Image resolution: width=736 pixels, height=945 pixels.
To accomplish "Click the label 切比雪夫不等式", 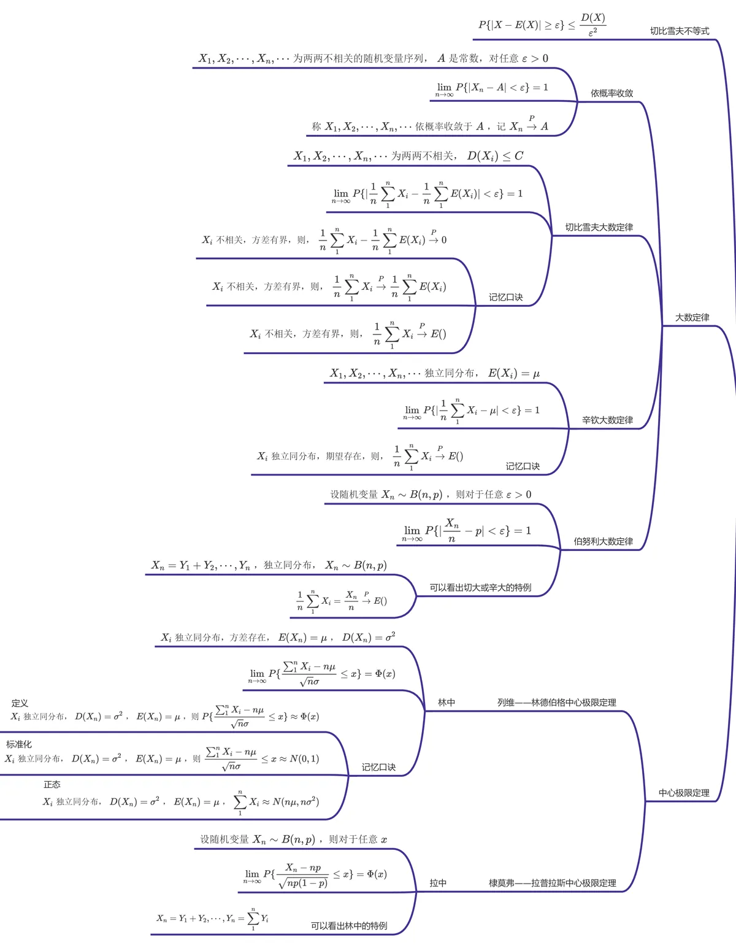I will click(679, 31).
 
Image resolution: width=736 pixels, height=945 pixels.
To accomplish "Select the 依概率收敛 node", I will click(611, 93).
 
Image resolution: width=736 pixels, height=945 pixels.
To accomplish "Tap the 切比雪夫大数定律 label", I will click(599, 227).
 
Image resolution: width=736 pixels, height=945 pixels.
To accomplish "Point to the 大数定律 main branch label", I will click(692, 317).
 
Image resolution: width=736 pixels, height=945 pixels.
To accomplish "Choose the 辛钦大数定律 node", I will click(607, 420).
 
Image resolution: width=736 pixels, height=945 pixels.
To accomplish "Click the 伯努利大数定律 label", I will click(603, 541).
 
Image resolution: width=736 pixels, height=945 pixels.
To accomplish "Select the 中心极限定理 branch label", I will click(684, 793).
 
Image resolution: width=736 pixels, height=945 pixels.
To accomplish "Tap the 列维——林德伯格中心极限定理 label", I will click(556, 703).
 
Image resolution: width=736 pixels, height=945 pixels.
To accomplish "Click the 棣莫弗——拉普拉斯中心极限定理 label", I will click(552, 883).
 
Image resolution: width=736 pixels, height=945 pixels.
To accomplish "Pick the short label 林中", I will click(447, 703).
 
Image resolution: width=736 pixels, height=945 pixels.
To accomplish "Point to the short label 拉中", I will click(438, 883).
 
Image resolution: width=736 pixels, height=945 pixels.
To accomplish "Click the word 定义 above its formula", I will click(20, 703).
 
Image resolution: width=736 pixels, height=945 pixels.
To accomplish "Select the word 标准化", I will click(19, 744).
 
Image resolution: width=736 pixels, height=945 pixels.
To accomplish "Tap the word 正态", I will click(52, 785).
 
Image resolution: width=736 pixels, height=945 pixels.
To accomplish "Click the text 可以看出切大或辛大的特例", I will click(480, 587).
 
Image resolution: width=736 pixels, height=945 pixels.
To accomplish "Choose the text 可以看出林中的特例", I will click(349, 926).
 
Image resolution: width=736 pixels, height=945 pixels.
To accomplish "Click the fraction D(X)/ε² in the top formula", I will click(592, 25).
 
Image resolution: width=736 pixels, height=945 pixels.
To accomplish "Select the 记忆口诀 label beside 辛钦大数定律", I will click(523, 466).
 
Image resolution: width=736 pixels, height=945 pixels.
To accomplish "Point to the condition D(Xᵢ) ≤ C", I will click(496, 156).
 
